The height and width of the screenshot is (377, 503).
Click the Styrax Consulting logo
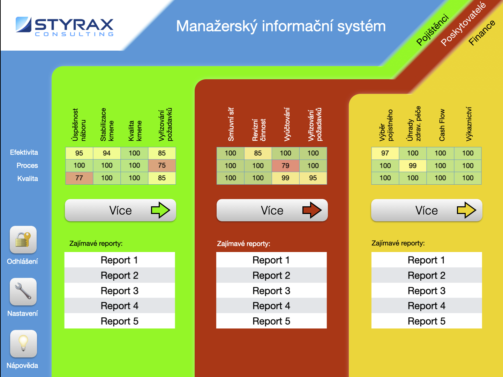click(x=65, y=27)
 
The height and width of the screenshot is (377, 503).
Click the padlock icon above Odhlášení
click(x=23, y=239)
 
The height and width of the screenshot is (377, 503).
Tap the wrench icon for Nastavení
click(x=23, y=291)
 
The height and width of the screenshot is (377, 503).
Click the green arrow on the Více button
click(x=160, y=210)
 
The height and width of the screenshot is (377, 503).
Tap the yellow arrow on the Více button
click(x=466, y=210)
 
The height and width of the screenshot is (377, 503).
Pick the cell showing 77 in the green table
click(x=79, y=178)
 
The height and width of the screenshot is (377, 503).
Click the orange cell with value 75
click(x=162, y=165)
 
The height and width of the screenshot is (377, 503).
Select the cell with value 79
click(x=286, y=165)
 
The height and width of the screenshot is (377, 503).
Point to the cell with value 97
click(x=385, y=153)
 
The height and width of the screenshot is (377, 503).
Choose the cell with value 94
click(x=107, y=153)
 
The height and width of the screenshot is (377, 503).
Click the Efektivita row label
click(x=24, y=153)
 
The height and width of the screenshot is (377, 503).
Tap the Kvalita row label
click(x=28, y=179)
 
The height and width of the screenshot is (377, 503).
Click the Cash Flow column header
click(x=442, y=125)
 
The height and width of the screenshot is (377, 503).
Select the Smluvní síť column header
click(x=231, y=124)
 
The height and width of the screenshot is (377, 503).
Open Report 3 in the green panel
click(x=120, y=290)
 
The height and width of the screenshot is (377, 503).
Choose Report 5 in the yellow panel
click(x=427, y=321)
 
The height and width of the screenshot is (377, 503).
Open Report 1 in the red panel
click(x=271, y=260)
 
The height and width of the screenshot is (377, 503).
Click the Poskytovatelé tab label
click(x=463, y=24)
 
